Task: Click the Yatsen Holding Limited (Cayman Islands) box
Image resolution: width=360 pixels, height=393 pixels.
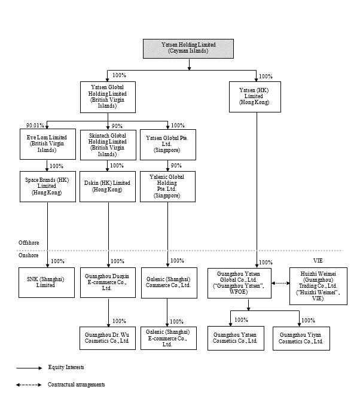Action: click(x=188, y=48)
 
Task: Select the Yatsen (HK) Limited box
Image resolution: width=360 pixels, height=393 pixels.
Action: click(x=255, y=97)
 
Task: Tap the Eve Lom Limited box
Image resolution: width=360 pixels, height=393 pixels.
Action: click(x=48, y=144)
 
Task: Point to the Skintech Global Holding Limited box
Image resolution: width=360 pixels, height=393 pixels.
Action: click(x=108, y=145)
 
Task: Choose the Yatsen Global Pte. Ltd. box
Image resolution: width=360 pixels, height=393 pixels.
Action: click(x=168, y=145)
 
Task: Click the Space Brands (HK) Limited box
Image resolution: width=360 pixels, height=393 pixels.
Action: click(x=48, y=187)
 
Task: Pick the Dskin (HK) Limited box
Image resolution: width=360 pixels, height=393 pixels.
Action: click(x=108, y=187)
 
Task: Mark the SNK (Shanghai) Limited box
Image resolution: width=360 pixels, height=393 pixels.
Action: click(x=47, y=282)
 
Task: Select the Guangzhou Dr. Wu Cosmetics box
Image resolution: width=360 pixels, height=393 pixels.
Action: click(x=108, y=338)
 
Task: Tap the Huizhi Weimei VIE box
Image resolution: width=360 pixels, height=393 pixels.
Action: click(x=318, y=287)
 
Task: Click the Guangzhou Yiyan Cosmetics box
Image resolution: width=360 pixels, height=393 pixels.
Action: click(x=301, y=339)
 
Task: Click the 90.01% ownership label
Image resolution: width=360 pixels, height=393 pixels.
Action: click(x=35, y=126)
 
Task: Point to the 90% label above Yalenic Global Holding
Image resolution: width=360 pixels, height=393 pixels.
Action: click(x=176, y=166)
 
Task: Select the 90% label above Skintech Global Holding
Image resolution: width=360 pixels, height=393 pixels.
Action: click(x=117, y=126)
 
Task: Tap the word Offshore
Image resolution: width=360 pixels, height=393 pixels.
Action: click(x=29, y=243)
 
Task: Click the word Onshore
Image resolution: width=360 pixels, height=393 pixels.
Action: click(x=29, y=255)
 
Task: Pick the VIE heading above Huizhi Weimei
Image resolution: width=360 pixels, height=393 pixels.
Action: click(x=318, y=261)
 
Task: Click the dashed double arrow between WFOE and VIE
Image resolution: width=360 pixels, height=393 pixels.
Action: click(x=280, y=283)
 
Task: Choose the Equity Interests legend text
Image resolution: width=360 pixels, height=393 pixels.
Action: click(x=66, y=367)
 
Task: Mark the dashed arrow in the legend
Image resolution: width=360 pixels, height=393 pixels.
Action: click(x=29, y=385)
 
